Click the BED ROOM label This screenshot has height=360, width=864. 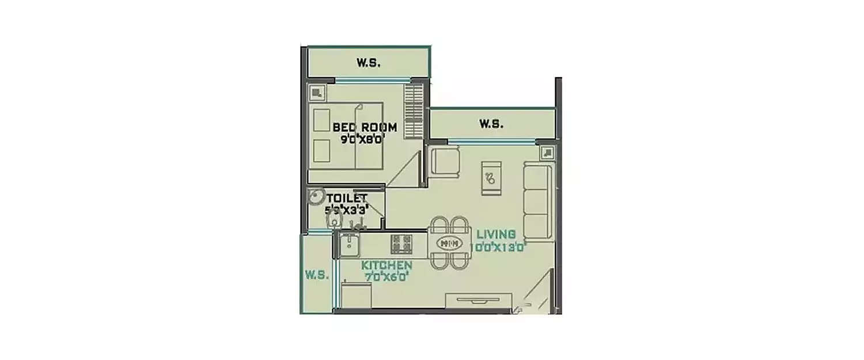click(357, 127)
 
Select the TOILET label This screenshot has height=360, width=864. click(347, 199)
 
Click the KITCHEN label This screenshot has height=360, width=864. click(386, 265)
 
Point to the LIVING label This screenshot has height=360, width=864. click(495, 234)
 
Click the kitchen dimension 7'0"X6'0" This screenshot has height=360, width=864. click(386, 276)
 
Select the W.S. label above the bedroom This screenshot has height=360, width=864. click(368, 63)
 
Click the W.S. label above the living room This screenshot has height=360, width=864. click(492, 123)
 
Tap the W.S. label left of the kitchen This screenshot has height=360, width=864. click(316, 275)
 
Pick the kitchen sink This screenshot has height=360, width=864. click(348, 244)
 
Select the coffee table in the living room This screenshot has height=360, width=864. click(491, 178)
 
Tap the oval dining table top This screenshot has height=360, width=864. click(449, 243)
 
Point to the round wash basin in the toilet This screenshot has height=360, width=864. click(315, 198)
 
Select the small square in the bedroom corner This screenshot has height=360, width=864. click(316, 92)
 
